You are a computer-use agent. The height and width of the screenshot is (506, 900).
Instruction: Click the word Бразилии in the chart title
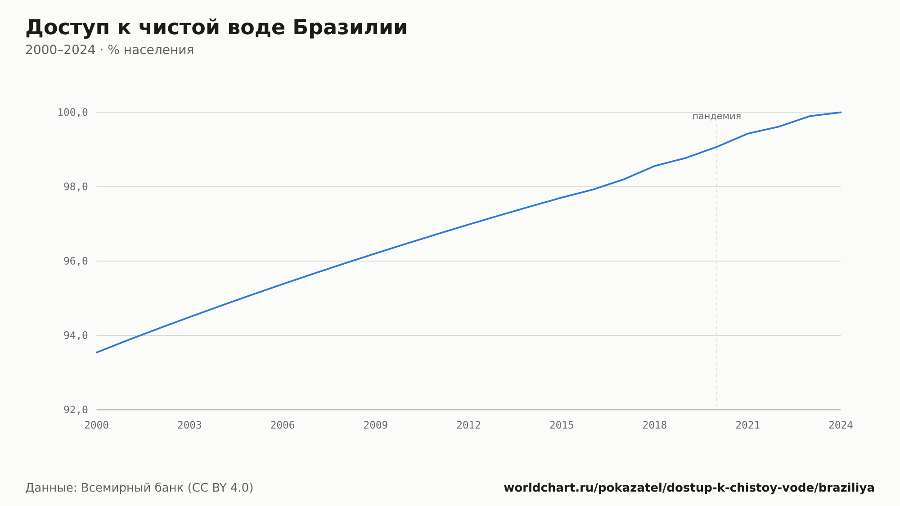[x=350, y=27]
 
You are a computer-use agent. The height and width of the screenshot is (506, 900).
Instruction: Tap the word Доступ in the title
[x=67, y=28]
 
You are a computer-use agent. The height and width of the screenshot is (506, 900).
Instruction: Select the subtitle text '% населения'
[x=151, y=50]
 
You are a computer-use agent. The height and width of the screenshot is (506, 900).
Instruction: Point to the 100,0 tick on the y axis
[x=72, y=113]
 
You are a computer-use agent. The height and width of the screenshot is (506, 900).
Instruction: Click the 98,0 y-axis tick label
[x=76, y=187]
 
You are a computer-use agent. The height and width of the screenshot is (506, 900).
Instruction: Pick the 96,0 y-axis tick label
[x=76, y=261]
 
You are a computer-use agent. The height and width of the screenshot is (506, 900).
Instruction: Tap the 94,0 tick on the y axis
[x=76, y=335]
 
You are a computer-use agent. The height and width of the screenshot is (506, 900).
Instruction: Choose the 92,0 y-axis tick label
[x=76, y=410]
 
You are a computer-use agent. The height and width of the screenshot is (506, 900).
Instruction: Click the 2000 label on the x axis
[x=97, y=425]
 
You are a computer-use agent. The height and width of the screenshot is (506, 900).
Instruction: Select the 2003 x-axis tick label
[x=189, y=425]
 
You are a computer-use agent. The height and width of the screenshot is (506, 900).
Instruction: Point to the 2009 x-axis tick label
[x=376, y=425]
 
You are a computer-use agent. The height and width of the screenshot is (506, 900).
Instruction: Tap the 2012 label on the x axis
[x=469, y=425]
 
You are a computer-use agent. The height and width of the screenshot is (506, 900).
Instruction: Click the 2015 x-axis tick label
[x=562, y=425]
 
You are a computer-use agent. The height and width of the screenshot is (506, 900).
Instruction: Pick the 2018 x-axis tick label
[x=655, y=425]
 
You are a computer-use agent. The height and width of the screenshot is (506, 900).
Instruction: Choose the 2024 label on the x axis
[x=841, y=425]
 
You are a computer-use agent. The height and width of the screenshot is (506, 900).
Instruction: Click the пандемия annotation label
[x=716, y=116]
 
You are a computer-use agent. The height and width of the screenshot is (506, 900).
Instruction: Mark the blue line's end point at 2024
[x=841, y=112]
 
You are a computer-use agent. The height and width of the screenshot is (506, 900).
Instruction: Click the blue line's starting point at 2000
[x=97, y=352]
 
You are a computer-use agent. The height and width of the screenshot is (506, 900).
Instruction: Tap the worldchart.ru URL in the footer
[x=689, y=488]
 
